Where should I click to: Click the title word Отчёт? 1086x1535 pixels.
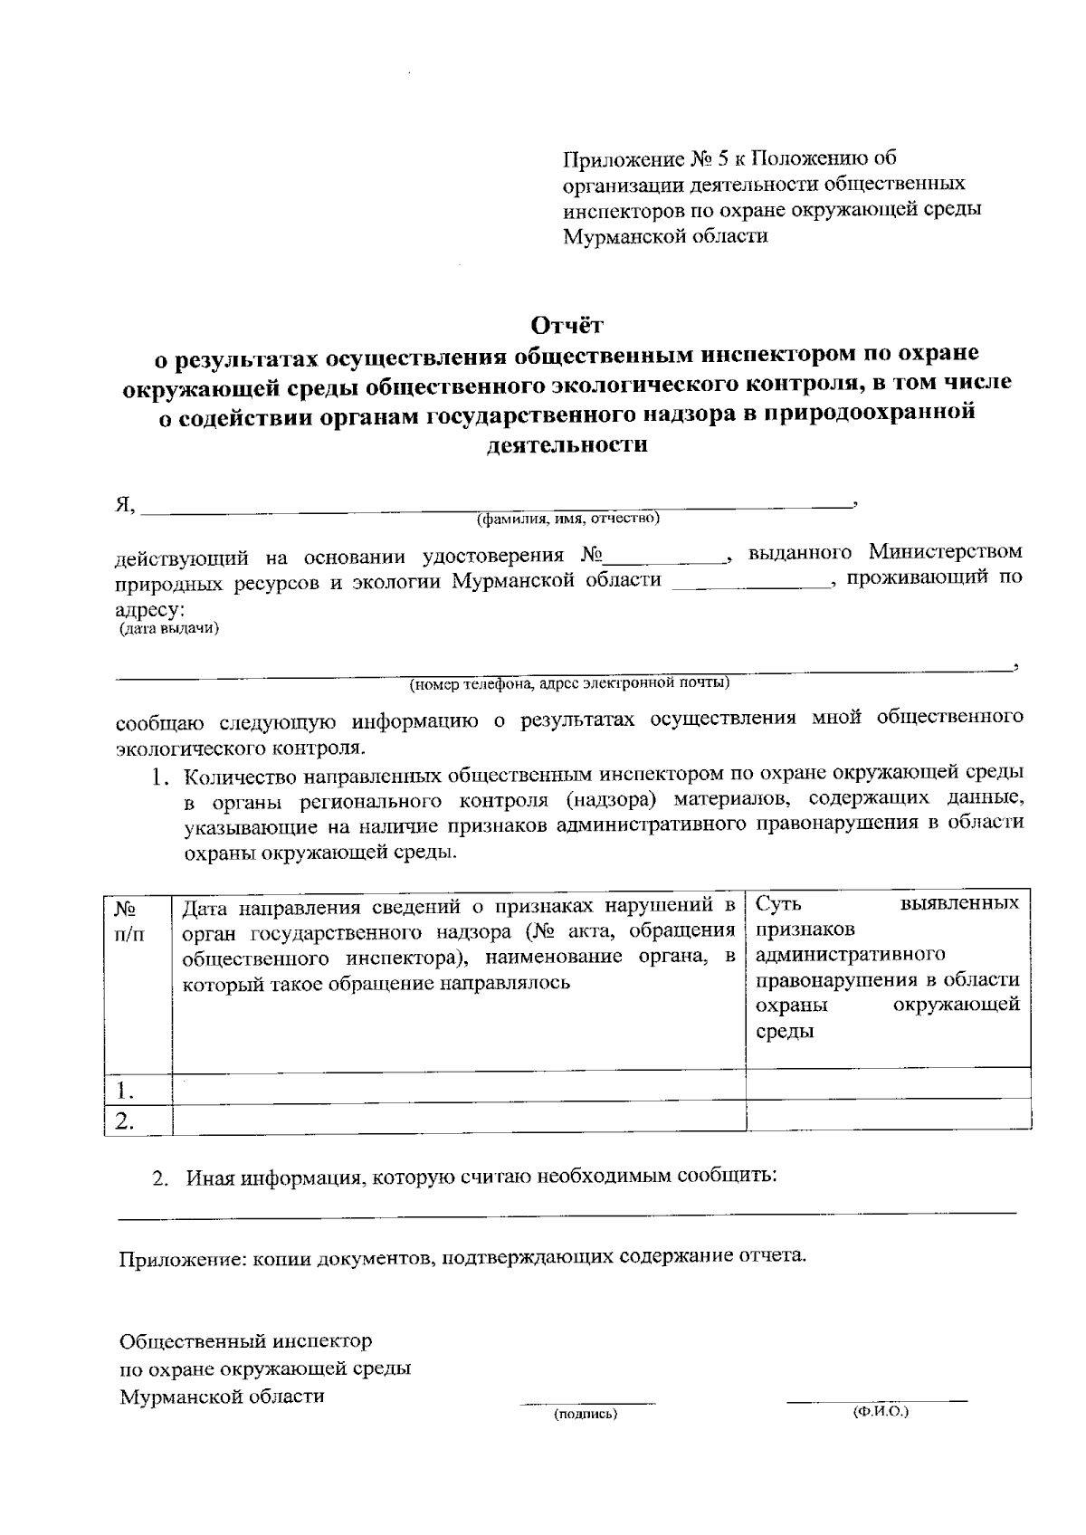click(x=566, y=324)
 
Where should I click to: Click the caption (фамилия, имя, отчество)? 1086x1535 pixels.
click(x=568, y=519)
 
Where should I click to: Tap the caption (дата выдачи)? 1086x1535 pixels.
click(x=169, y=628)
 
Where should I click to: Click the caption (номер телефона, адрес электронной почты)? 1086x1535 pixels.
click(x=569, y=682)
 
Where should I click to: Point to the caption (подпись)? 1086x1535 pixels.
click(x=586, y=1414)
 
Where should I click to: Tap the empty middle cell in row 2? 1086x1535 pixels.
click(x=458, y=1118)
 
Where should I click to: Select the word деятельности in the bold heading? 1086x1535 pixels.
click(x=567, y=444)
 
